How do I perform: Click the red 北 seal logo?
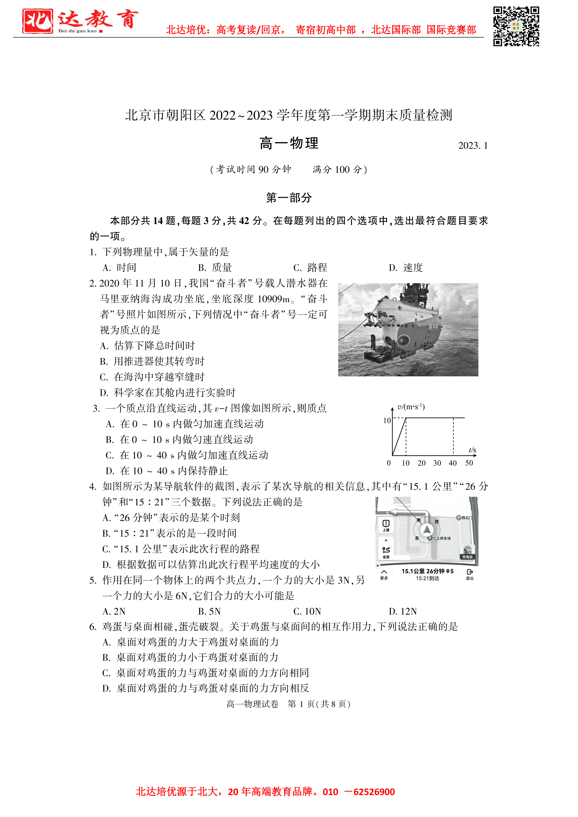[x=37, y=21]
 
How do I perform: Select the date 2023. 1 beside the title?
[x=473, y=146]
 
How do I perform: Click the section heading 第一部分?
[x=289, y=197]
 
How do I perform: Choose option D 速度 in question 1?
[x=406, y=268]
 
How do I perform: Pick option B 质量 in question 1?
[x=215, y=268]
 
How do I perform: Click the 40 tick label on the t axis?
[x=453, y=463]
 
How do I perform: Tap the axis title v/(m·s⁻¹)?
[x=411, y=407]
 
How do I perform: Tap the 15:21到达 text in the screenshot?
[x=427, y=578]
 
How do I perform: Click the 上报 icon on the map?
[x=386, y=526]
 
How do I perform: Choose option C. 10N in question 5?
[x=307, y=611]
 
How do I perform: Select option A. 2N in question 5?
[x=114, y=611]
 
